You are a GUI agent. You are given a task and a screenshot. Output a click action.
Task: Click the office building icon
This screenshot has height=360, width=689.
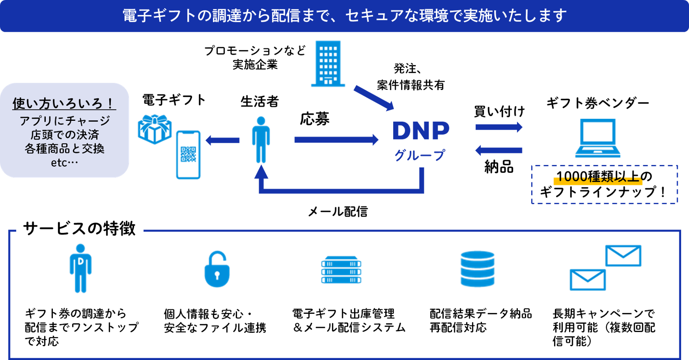click(328, 63)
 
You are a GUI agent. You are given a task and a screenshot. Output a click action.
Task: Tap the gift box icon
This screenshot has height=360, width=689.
click(155, 129)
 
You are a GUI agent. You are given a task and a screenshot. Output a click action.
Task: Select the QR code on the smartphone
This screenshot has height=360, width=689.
click(188, 154)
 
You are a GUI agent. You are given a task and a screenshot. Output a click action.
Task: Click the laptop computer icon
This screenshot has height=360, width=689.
click(598, 138)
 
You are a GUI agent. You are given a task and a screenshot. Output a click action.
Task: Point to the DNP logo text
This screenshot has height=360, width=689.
click(421, 130)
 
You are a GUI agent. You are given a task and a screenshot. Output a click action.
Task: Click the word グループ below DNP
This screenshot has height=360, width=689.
click(420, 155)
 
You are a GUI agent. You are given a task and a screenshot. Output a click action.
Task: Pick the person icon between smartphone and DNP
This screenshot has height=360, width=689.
click(261, 140)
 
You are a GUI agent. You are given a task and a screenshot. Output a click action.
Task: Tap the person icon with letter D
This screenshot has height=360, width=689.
click(80, 268)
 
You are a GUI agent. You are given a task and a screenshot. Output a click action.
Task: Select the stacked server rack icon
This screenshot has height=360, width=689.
click(341, 270)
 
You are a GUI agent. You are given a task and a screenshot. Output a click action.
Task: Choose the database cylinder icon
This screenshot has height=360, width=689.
click(477, 269)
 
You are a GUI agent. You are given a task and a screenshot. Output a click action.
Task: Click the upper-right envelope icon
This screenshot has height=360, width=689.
click(623, 255)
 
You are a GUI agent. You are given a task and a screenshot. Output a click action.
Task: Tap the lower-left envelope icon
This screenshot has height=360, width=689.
click(587, 280)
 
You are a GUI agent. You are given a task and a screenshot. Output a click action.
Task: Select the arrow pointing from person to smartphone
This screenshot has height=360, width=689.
click(222, 140)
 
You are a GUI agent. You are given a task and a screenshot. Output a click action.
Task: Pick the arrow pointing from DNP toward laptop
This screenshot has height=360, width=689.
click(499, 127)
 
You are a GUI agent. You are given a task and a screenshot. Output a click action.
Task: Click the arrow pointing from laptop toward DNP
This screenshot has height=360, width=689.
click(499, 150)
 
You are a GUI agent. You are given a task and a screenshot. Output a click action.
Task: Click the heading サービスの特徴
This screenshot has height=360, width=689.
click(80, 229)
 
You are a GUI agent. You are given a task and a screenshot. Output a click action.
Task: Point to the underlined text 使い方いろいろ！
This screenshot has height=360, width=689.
click(64, 103)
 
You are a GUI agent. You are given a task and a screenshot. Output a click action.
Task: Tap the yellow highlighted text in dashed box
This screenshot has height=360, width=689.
click(598, 180)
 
